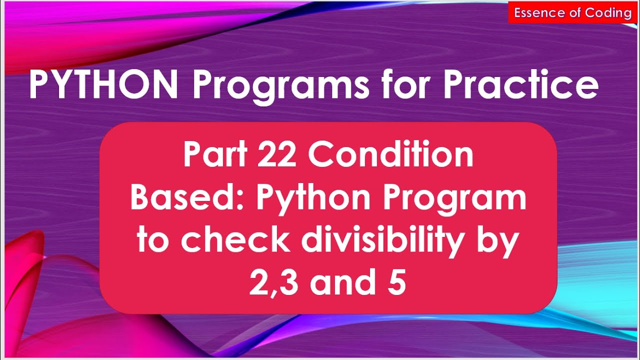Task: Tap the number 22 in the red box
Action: (x=279, y=155)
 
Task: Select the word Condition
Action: (x=390, y=155)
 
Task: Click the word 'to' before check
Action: (x=154, y=241)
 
